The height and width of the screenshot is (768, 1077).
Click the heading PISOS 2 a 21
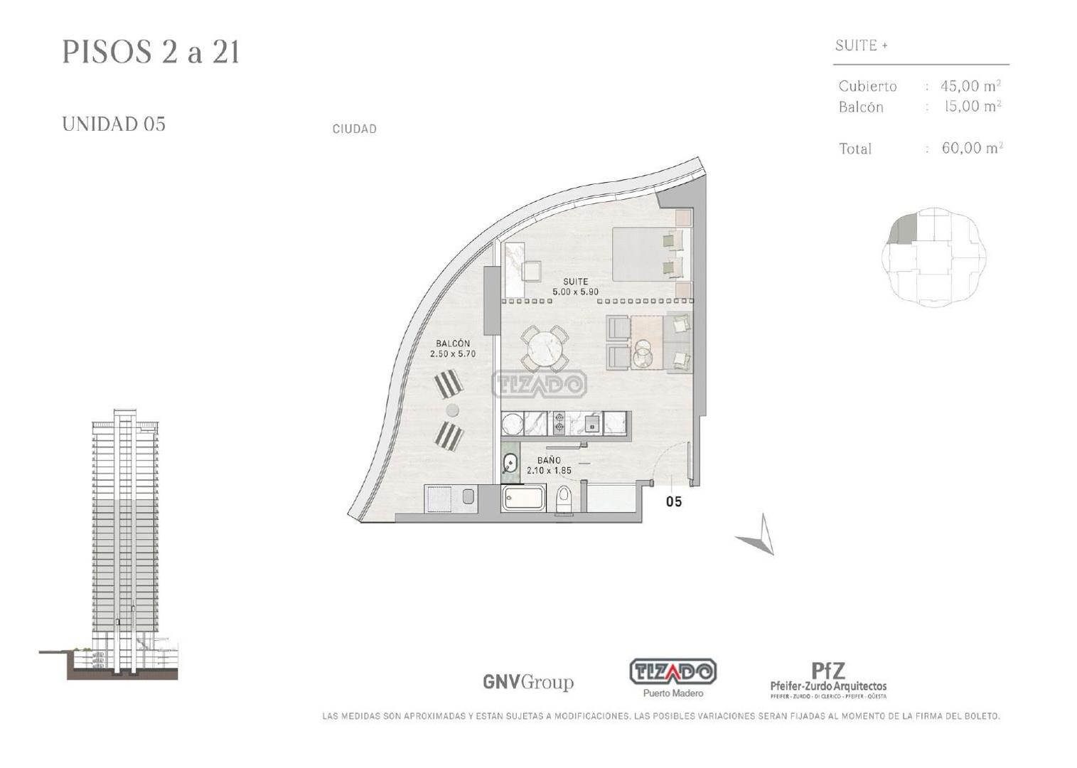(x=151, y=53)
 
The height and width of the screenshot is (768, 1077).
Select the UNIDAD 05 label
(x=114, y=124)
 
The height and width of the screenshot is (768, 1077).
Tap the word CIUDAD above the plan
(x=354, y=129)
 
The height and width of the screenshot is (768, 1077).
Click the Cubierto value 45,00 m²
(x=970, y=86)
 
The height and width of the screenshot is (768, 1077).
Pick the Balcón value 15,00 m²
(x=972, y=107)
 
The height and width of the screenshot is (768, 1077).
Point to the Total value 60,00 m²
(x=972, y=148)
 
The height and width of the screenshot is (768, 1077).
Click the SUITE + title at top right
(x=861, y=46)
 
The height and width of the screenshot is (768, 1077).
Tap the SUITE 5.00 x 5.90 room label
(x=575, y=287)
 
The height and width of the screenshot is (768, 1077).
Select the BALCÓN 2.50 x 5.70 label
(x=453, y=348)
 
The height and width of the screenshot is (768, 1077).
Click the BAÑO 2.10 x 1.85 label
(x=549, y=465)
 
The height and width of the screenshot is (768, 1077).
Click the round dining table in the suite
(x=545, y=348)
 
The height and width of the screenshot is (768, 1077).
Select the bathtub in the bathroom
(x=524, y=498)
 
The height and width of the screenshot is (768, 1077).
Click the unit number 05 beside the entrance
(x=673, y=502)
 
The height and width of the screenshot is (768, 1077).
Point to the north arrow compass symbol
(x=759, y=537)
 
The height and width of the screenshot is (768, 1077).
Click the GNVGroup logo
(x=527, y=682)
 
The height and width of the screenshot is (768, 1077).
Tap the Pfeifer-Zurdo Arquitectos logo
(x=828, y=680)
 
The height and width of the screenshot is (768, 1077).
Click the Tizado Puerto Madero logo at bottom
(x=673, y=677)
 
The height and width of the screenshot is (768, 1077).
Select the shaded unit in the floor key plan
(x=904, y=231)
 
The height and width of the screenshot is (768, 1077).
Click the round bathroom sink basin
(x=510, y=464)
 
